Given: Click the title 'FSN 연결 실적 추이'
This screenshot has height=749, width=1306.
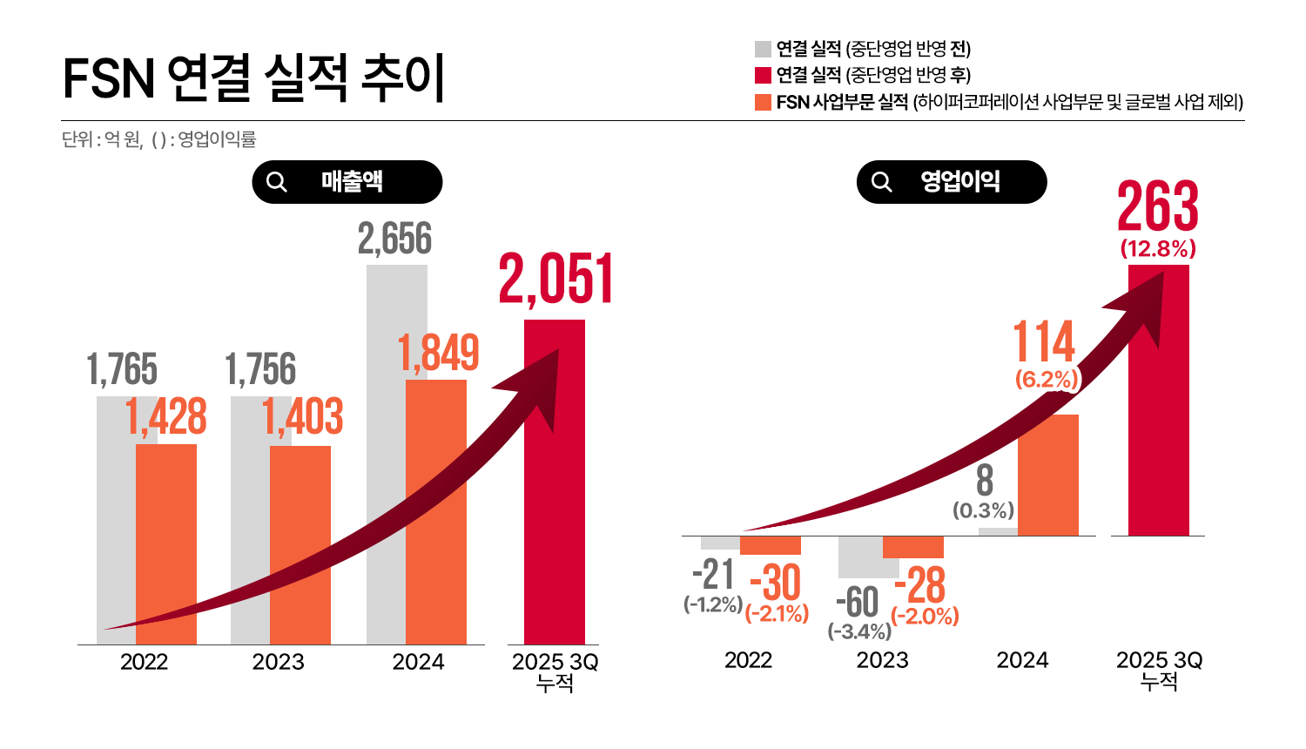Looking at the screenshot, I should click(x=253, y=78).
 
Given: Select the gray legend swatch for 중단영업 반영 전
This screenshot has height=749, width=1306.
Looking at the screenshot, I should click(x=763, y=49).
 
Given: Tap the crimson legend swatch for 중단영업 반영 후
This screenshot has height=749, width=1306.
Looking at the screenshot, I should click(x=763, y=75).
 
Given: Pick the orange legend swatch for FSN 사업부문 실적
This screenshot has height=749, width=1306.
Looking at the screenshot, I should click(x=763, y=102).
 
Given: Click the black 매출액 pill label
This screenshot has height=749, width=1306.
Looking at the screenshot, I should click(x=347, y=182).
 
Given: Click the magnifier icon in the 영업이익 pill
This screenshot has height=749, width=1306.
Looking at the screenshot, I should click(x=882, y=182).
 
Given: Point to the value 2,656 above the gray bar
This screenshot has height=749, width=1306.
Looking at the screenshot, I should click(x=394, y=240).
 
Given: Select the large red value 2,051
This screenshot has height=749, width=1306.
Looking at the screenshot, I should click(x=555, y=280).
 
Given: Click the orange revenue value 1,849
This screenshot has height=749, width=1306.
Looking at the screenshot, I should click(x=438, y=353).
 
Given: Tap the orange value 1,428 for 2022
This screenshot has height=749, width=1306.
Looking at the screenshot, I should click(x=165, y=416).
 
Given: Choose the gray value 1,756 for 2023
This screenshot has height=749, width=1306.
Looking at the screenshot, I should click(x=260, y=369).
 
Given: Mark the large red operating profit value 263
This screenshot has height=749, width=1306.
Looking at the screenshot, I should click(x=1158, y=206).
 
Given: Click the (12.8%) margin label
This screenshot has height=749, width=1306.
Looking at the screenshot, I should click(x=1158, y=249).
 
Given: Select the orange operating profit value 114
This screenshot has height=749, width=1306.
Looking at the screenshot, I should click(x=1044, y=341).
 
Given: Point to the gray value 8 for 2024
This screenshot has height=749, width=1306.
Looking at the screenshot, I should click(x=984, y=481).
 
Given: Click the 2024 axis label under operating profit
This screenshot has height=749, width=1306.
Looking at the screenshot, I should click(x=1022, y=660).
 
